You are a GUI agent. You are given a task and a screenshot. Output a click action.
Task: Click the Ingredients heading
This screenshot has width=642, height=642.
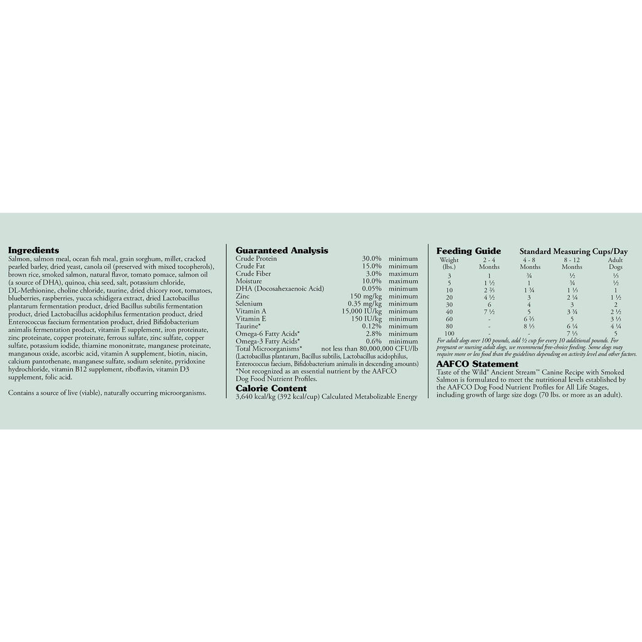(x=33, y=250)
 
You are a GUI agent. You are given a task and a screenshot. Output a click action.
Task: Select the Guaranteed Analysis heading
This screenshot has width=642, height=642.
(x=282, y=250)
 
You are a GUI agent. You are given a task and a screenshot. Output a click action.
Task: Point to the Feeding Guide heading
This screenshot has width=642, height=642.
(x=468, y=251)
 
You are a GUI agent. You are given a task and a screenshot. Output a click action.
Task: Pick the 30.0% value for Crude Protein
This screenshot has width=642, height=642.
(x=371, y=258)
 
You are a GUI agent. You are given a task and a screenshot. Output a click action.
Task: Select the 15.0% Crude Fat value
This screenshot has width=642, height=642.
(x=371, y=266)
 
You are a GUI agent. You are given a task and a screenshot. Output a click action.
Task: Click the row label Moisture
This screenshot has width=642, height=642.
(x=249, y=281)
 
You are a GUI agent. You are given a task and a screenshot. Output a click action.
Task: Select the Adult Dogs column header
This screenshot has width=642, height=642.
(x=615, y=263)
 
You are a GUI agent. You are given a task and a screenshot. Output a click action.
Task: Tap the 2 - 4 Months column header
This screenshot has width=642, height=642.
(x=489, y=263)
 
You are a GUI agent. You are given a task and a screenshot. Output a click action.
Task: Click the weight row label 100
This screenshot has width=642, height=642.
(x=449, y=333)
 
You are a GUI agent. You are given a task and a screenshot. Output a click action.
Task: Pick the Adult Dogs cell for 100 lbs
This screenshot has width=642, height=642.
(x=615, y=333)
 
